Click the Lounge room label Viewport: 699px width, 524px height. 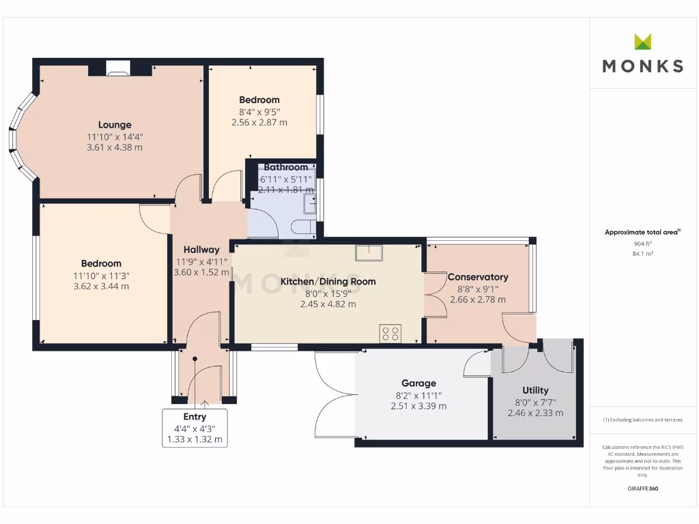[x=115, y=125]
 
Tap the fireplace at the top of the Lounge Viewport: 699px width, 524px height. [x=118, y=68]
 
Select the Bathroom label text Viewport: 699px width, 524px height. [x=286, y=167]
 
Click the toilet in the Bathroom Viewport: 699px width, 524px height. [x=302, y=227]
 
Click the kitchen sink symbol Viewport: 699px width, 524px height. [x=369, y=253]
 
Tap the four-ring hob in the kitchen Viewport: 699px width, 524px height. [x=390, y=334]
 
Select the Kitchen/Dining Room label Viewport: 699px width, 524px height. [x=328, y=281]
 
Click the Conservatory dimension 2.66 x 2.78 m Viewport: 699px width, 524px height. [x=478, y=300]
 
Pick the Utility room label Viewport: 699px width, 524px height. [x=535, y=390]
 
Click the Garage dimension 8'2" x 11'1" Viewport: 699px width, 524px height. [x=418, y=394]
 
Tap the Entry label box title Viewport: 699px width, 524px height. [x=195, y=417]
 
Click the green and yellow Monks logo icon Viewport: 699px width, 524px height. [x=643, y=42]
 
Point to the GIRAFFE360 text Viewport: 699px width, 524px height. [x=643, y=489]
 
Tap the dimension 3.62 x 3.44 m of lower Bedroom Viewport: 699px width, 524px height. [x=101, y=287]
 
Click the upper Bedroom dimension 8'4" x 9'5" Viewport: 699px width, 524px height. [x=259, y=112]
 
